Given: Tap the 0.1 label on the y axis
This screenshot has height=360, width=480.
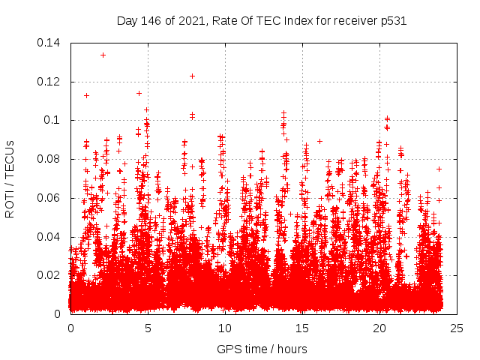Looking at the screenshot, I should point(52,120).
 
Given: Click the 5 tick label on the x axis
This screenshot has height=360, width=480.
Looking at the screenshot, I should point(148,328).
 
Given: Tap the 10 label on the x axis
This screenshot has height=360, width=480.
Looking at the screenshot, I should point(225,328).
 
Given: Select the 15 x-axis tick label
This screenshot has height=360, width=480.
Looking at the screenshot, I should point(302,328).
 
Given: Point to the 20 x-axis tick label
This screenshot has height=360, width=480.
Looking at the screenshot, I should point(379,328).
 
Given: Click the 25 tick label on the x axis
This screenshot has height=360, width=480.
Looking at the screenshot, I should point(457,328).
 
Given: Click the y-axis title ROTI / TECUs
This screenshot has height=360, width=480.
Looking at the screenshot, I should point(10,178).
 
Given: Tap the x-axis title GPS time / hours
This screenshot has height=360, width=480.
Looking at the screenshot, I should point(262,349).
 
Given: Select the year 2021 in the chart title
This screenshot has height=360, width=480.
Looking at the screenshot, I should point(194,20).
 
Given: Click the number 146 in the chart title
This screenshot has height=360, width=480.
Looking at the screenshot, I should point(154,20).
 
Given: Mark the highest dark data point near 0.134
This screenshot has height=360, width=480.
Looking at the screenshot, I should point(103,55).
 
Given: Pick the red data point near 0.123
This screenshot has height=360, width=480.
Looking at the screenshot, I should point(192,76).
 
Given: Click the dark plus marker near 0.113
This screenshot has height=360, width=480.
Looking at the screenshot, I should point(86,95).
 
